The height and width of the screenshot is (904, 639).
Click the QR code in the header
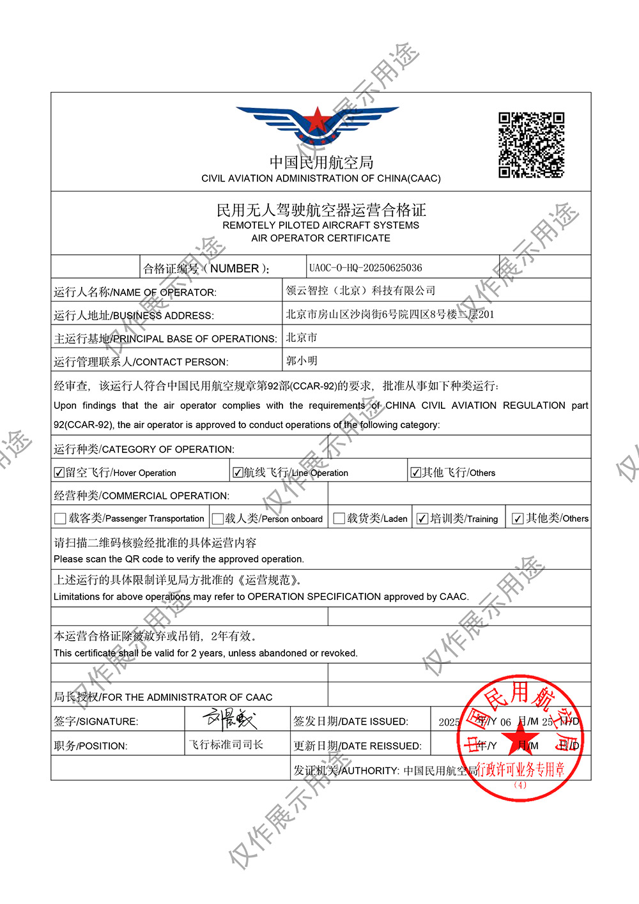click(x=531, y=145)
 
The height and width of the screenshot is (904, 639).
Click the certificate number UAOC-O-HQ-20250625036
click(x=366, y=268)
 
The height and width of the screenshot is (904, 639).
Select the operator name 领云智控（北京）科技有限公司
click(x=360, y=291)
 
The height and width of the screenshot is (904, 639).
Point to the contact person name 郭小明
click(x=302, y=361)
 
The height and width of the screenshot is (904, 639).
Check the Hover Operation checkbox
click(x=59, y=473)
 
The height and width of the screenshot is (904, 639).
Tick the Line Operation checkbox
click(x=238, y=473)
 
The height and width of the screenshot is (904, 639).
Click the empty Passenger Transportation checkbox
click(x=60, y=519)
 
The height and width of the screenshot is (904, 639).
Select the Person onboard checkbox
click(x=218, y=519)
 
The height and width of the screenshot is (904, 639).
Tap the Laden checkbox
click(x=339, y=518)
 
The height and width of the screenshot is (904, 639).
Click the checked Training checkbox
click(x=422, y=519)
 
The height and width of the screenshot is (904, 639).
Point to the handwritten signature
click(x=230, y=719)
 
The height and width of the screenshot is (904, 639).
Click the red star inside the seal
click(x=521, y=741)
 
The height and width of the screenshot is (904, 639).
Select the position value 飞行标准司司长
click(x=226, y=745)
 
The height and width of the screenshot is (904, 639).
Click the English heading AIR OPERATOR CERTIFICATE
click(x=321, y=238)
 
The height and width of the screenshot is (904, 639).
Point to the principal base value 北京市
click(x=302, y=337)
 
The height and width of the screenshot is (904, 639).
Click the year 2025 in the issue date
click(x=449, y=722)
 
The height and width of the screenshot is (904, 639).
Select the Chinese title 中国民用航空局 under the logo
click(x=321, y=162)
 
